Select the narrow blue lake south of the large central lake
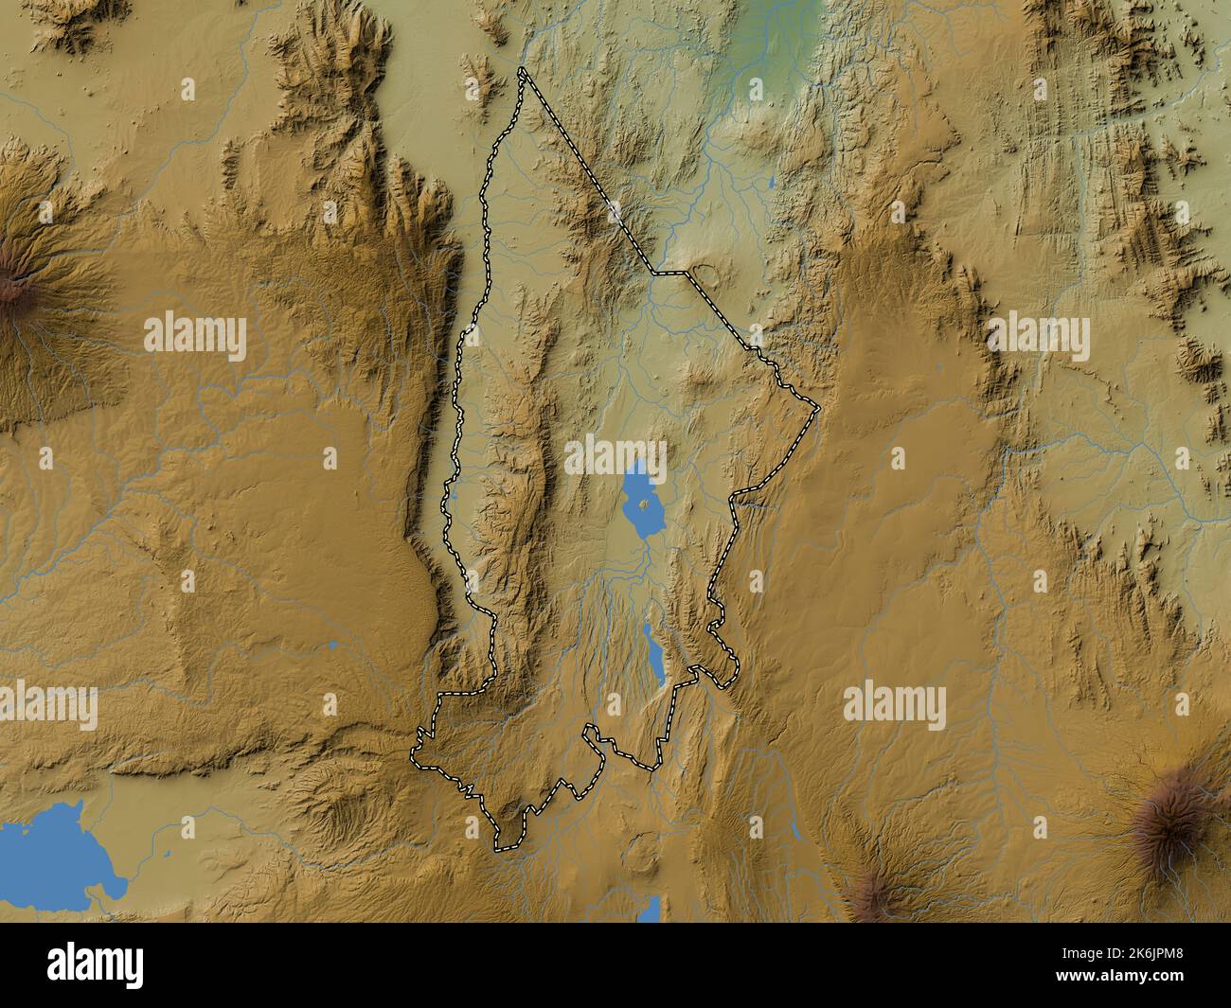coord(651,654)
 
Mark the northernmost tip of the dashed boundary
coord(522,70)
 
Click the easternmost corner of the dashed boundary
coord(818,408)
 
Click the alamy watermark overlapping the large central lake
coord(616,456)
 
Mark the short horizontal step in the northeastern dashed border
coord(669,273)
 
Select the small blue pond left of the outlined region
coord(334,645)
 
